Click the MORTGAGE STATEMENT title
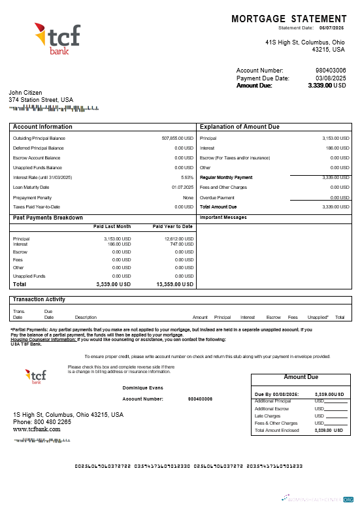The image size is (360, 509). (289, 19)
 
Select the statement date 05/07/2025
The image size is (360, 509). (331, 28)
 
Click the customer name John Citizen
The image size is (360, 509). (25, 93)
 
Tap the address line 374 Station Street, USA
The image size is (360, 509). (41, 100)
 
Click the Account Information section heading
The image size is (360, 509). (42, 127)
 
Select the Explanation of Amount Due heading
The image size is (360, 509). (239, 127)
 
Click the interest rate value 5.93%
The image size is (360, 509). (187, 178)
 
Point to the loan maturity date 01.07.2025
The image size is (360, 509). (182, 188)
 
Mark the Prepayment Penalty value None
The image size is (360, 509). (188, 197)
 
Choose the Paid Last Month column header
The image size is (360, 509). (112, 226)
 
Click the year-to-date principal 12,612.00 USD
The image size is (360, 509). (179, 239)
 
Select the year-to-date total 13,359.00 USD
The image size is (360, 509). (175, 285)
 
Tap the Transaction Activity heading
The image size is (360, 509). (39, 299)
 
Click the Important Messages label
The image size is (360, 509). (224, 217)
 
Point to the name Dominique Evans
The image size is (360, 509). (143, 388)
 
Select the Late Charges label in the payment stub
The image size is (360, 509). (267, 416)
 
